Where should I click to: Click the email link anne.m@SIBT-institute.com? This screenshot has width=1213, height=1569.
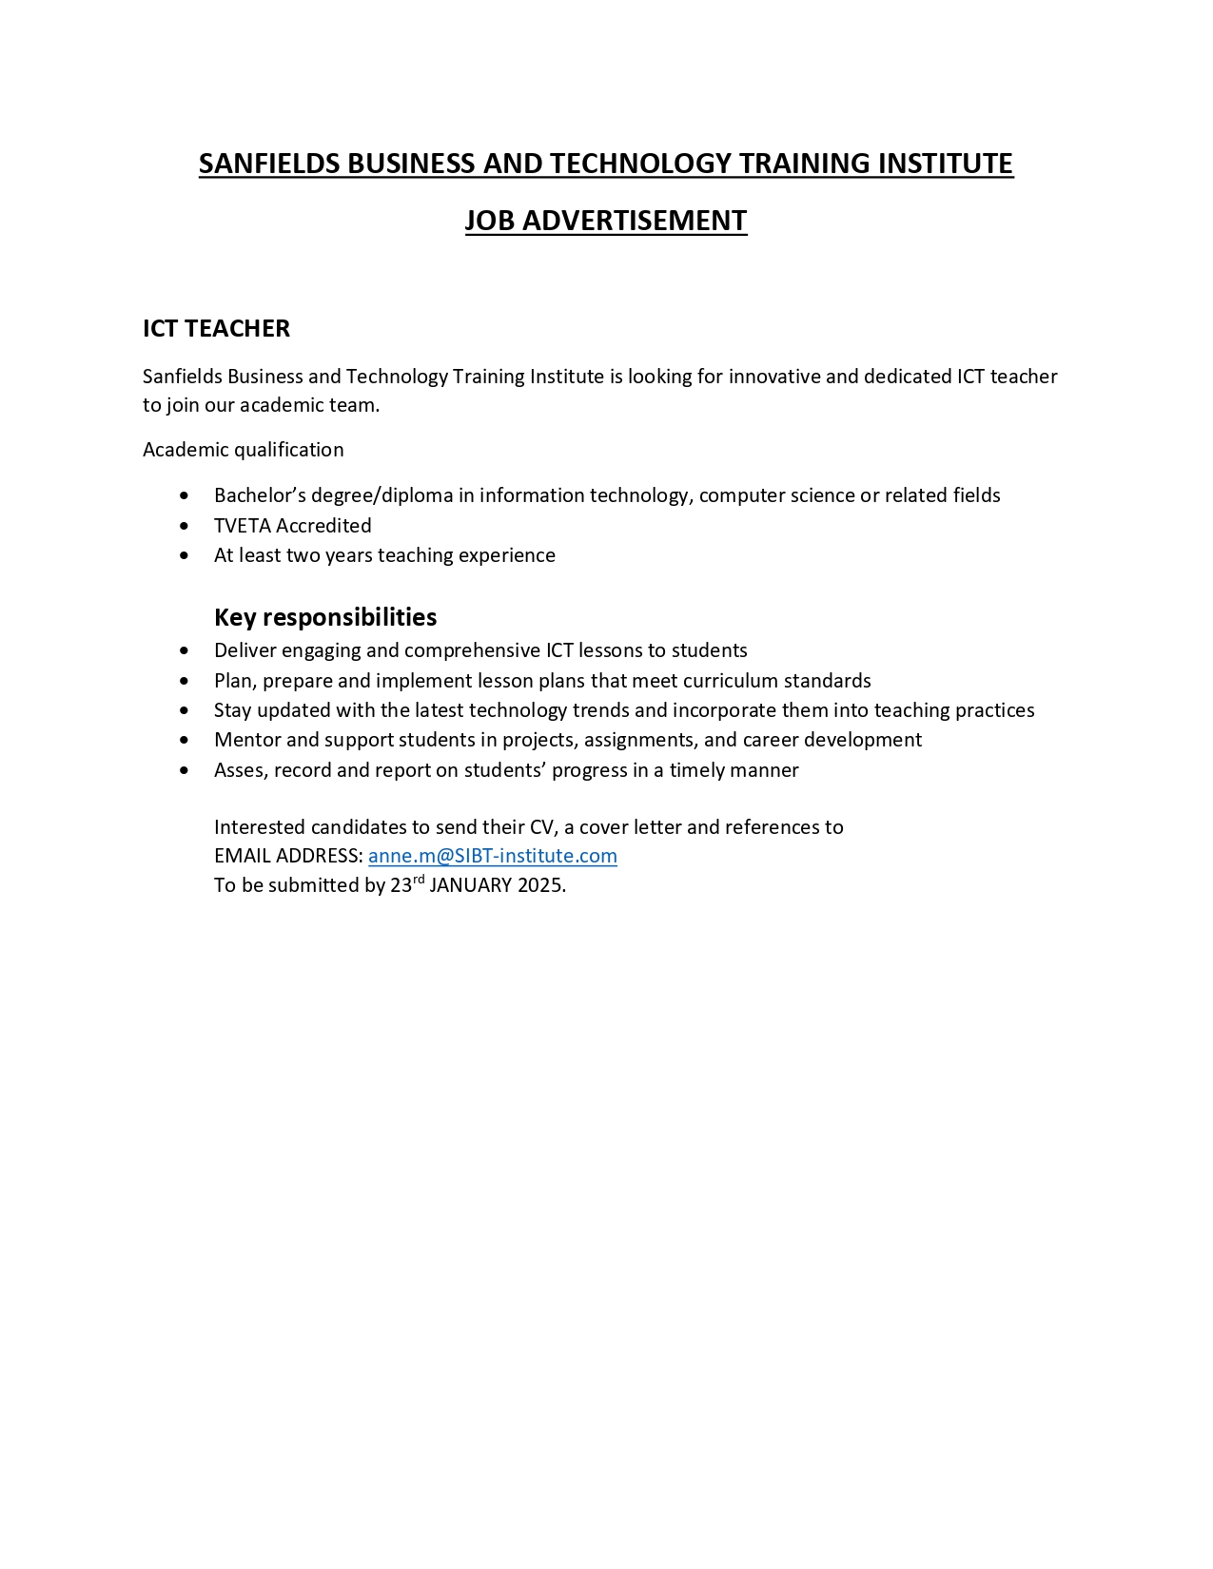(492, 856)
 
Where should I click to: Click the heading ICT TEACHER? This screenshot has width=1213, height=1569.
(216, 328)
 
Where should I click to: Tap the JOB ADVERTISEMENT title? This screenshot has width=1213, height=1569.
(606, 221)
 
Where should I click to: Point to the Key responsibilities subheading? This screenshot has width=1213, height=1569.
(325, 617)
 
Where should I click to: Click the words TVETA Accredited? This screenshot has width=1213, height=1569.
(292, 526)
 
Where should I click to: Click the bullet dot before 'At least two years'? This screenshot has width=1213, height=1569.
(184, 555)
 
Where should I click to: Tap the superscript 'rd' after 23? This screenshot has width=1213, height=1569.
(419, 880)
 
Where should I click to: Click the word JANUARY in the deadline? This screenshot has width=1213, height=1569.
(471, 885)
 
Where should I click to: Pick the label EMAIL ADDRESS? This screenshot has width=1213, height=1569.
(288, 856)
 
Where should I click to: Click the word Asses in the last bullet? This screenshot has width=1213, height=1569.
(240, 770)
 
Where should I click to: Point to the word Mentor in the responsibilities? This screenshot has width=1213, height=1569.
(246, 740)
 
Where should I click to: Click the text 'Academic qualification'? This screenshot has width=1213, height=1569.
(243, 450)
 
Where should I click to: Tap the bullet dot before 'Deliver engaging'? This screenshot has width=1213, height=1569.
(184, 650)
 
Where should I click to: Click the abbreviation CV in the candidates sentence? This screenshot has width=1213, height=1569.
(541, 827)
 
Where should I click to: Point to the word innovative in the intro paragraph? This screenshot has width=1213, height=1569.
(774, 377)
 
